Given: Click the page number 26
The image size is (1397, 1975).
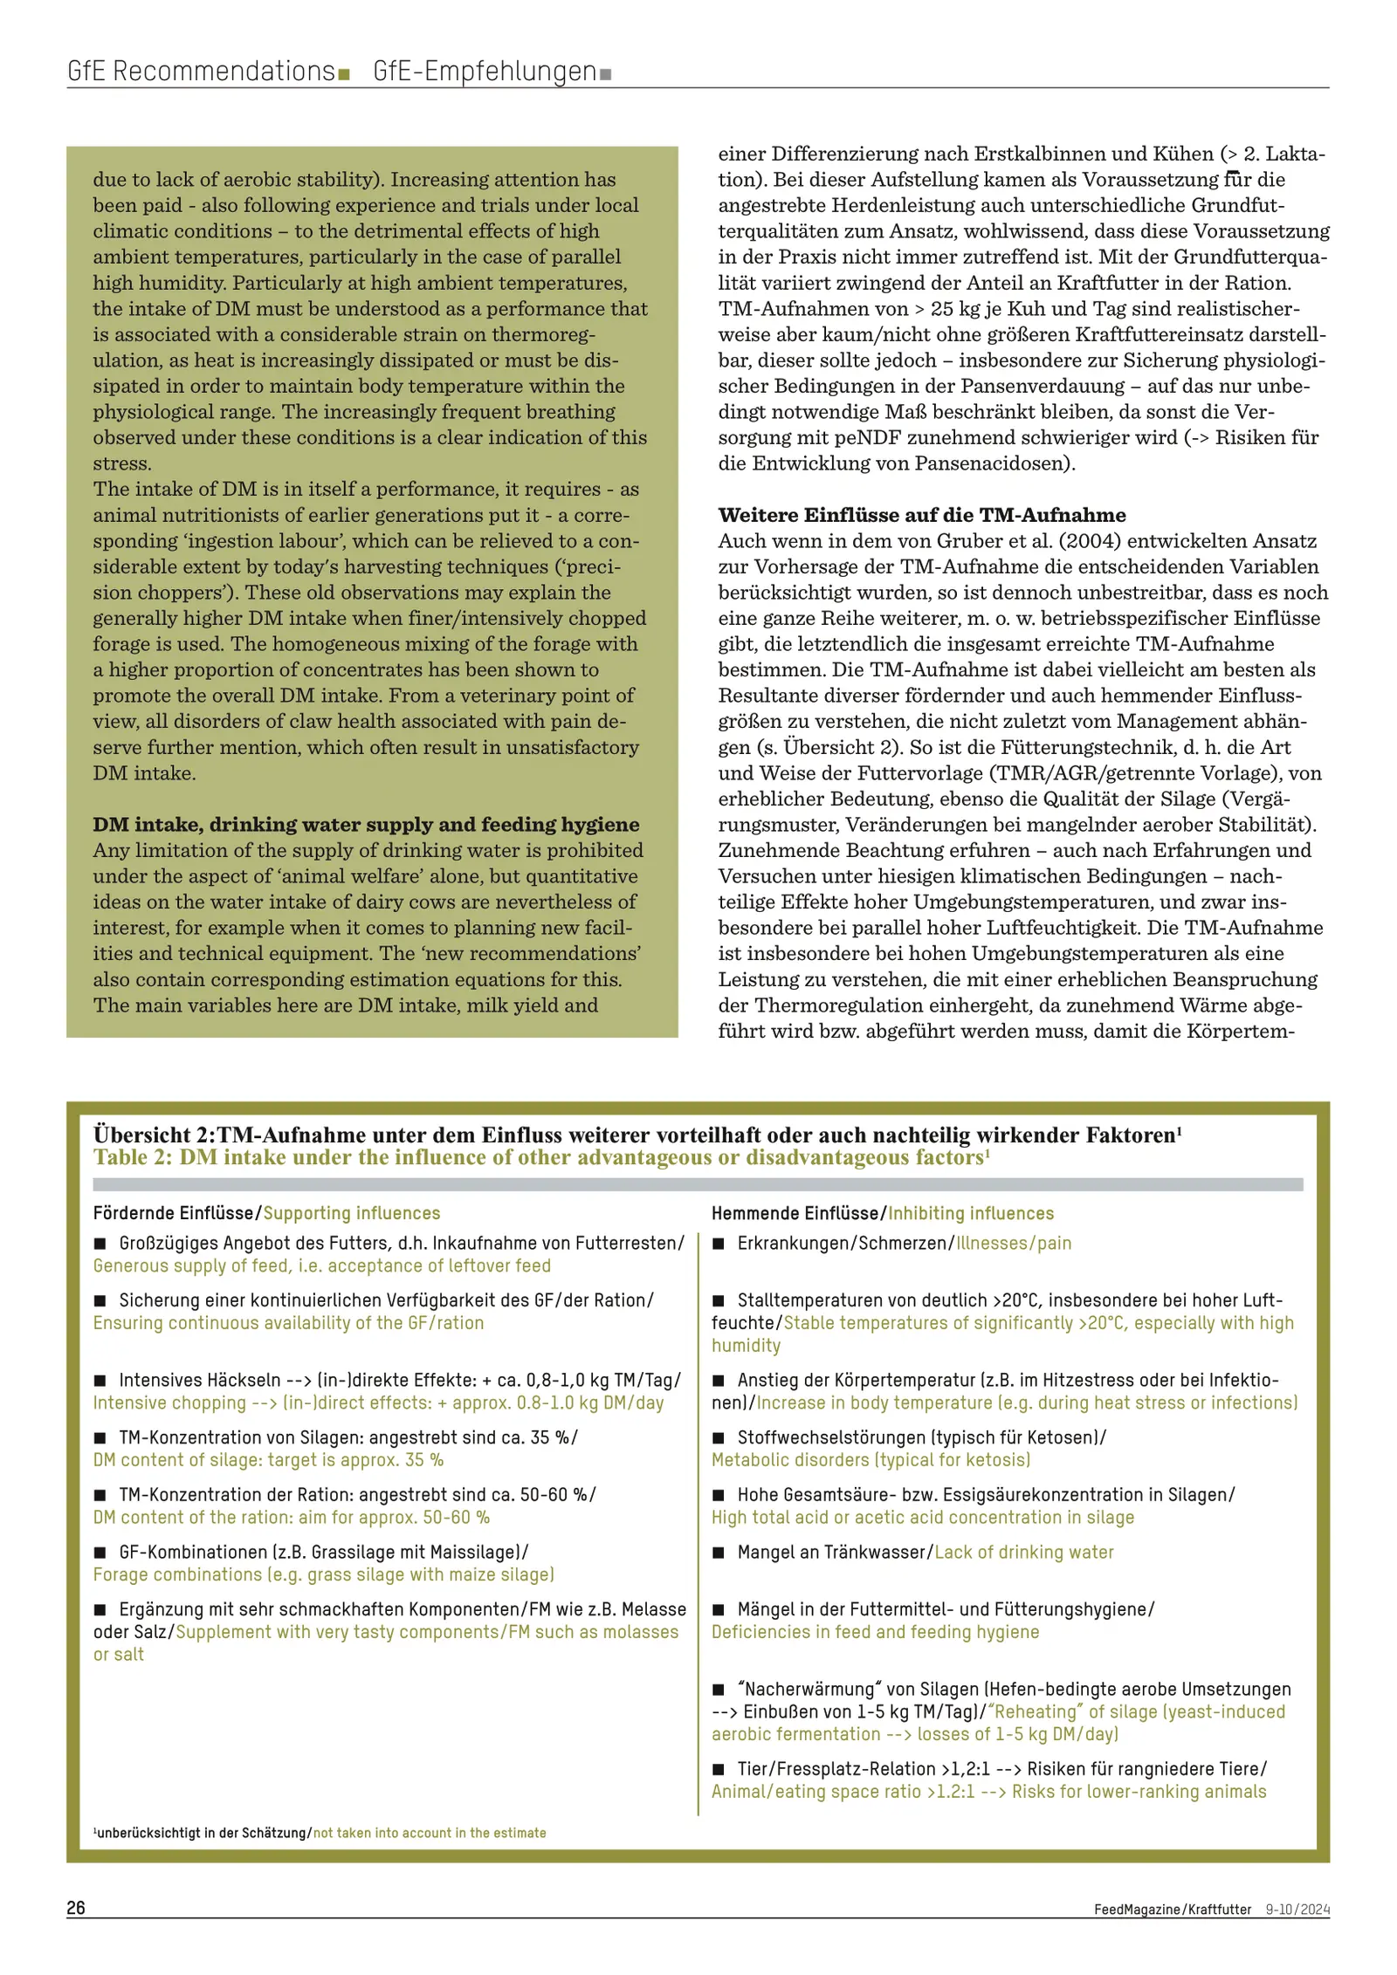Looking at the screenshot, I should (76, 1907).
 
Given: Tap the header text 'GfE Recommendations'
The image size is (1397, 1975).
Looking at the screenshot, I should (201, 71).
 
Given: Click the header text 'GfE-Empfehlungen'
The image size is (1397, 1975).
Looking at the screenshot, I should (485, 71).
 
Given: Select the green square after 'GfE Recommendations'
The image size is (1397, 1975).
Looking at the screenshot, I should (344, 74).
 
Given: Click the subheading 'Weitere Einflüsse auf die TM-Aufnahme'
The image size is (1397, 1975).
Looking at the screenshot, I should (921, 515).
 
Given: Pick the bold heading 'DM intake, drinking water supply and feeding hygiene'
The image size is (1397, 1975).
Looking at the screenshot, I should (366, 824).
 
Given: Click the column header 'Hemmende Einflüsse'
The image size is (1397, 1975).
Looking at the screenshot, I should (794, 1213).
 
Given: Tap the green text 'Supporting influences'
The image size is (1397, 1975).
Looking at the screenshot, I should (352, 1213).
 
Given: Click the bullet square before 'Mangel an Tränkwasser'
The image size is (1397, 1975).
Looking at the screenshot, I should (719, 1553).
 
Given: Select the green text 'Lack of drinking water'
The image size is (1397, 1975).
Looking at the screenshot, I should (1024, 1553).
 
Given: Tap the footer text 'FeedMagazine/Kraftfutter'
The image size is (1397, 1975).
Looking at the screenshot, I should (1172, 1909).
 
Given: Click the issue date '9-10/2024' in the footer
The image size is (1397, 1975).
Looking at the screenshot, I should (1297, 1909).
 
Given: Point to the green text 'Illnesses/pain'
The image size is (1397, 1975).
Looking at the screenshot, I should (1014, 1244).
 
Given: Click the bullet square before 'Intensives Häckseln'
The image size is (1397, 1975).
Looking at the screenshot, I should (100, 1381).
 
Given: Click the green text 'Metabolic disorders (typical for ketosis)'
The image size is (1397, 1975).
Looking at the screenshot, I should (871, 1460).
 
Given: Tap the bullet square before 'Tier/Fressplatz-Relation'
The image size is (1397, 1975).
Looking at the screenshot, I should (719, 1769).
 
